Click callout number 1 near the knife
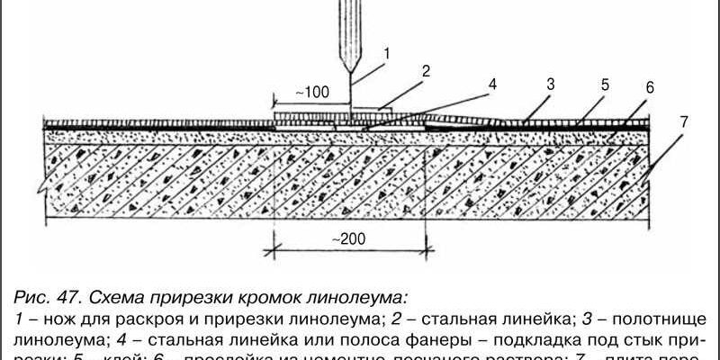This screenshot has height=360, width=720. (386, 53)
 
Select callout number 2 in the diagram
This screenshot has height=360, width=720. (427, 70)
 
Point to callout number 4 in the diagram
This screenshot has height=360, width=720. (491, 86)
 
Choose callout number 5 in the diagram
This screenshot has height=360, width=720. (605, 85)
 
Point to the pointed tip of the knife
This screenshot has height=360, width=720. (351, 79)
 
